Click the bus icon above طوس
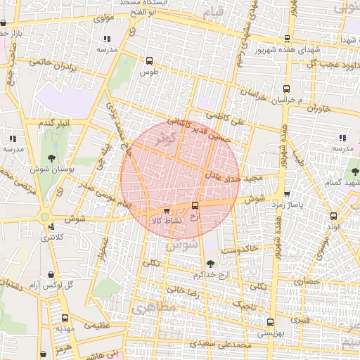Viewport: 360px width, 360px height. [148, 61]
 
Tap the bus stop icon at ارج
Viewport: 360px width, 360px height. [195, 206]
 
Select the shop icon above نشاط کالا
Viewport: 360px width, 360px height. [167, 210]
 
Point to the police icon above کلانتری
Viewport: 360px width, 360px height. [52, 226]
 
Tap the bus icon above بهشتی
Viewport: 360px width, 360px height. [270, 322]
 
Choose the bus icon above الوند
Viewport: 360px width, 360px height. [333, 216]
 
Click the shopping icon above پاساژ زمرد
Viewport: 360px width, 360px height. [286, 194]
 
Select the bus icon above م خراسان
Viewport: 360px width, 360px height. [286, 89]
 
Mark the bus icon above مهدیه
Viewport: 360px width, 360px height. [65, 318]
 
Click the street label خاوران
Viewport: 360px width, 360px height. [318, 109]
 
